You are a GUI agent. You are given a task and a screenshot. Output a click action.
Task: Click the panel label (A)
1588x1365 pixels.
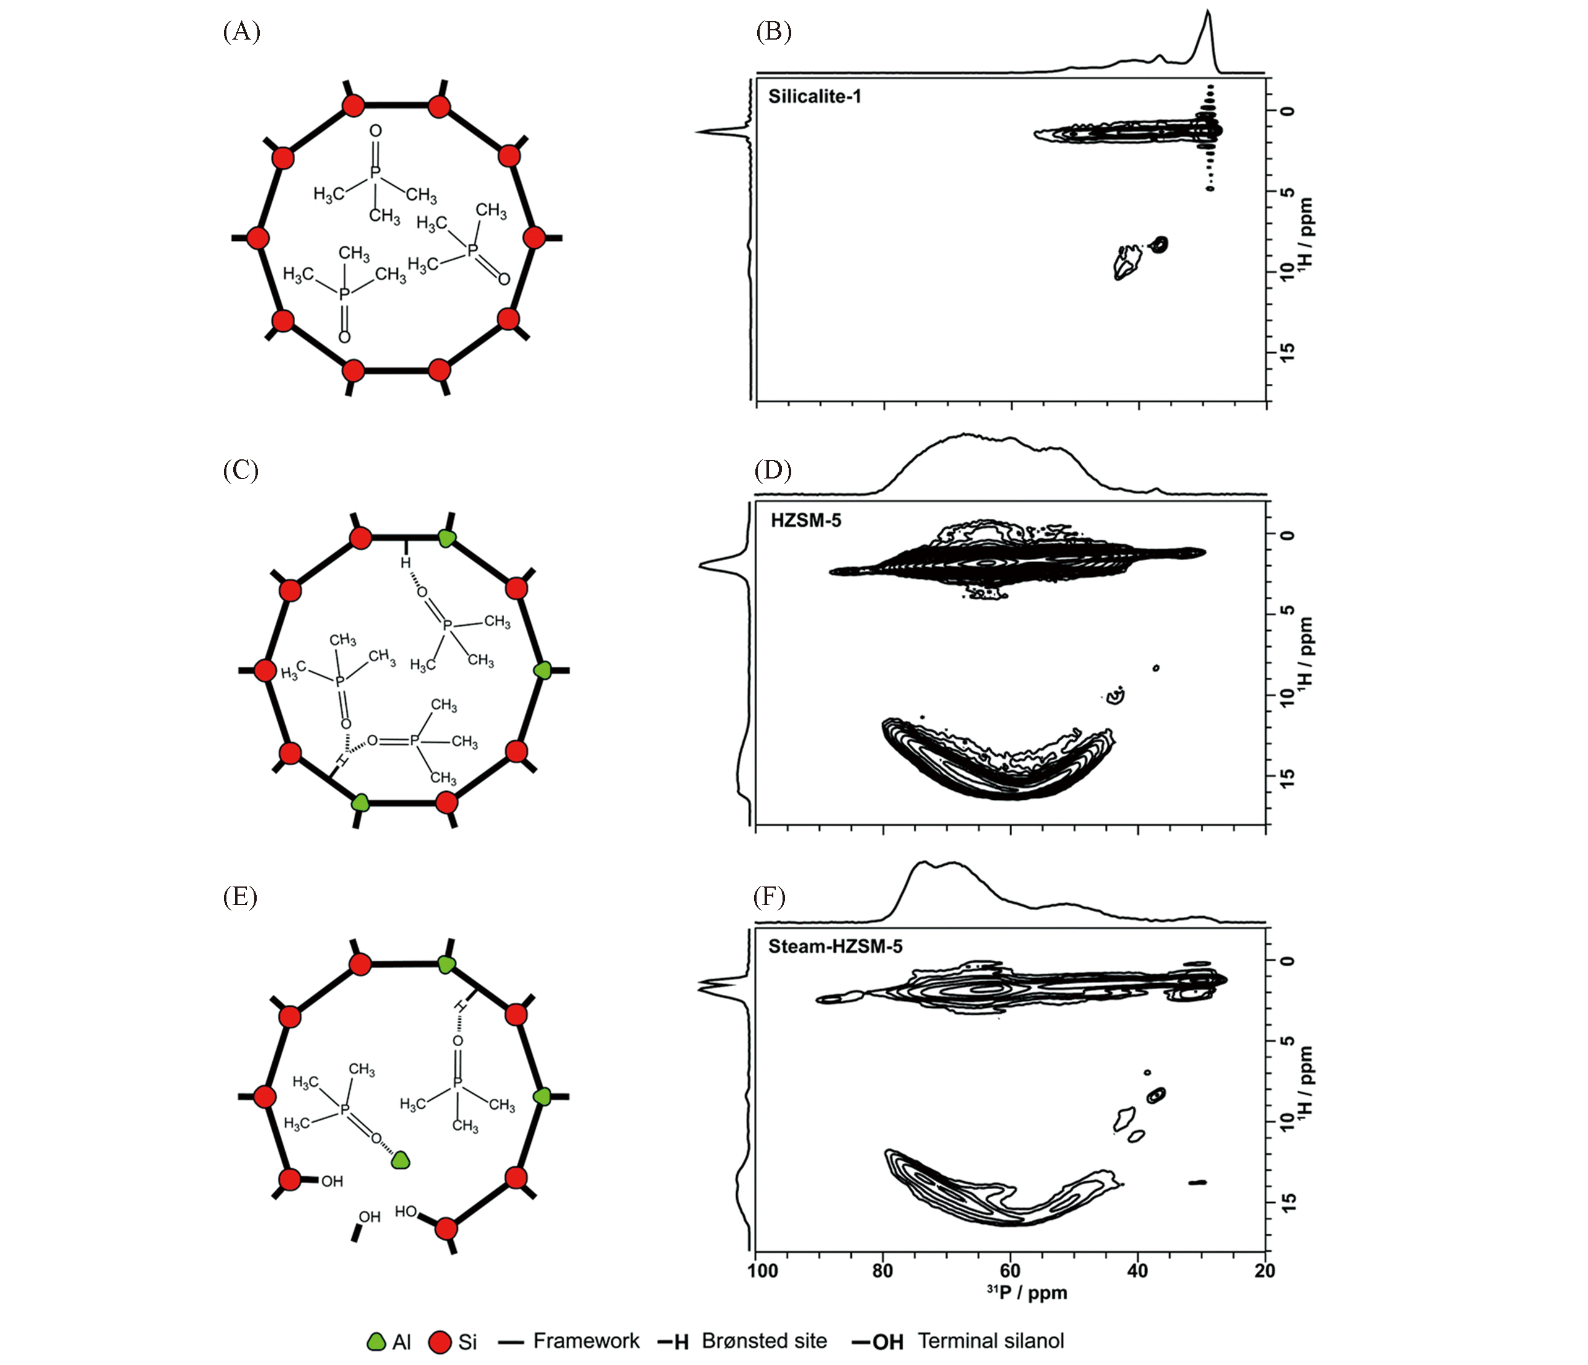coord(241,32)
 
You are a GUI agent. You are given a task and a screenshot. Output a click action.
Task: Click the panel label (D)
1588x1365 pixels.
coord(773,469)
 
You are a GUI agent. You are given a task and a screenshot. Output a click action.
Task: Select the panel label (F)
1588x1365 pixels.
coord(770,896)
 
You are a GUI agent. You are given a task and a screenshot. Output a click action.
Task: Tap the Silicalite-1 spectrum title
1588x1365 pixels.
coord(815,97)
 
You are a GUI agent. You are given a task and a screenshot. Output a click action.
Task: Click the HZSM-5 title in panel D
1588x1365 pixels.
coord(805,521)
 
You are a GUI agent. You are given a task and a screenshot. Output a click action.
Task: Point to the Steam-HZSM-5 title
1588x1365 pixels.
coord(835,947)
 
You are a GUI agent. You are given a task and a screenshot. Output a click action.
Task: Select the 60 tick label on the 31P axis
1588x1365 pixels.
coord(1010,1271)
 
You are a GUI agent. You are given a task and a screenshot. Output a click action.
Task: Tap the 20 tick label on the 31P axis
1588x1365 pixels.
coord(1265,1271)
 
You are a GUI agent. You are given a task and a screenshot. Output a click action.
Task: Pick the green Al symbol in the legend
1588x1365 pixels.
coord(376,1341)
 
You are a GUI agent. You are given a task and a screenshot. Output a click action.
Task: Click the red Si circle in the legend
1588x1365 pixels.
coord(440,1342)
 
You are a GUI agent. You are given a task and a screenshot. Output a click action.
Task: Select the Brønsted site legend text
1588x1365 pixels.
coord(764,1340)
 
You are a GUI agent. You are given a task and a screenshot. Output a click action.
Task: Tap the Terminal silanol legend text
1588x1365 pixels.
coord(991,1340)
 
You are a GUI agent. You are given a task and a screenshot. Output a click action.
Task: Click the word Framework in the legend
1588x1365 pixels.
coord(586,1340)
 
